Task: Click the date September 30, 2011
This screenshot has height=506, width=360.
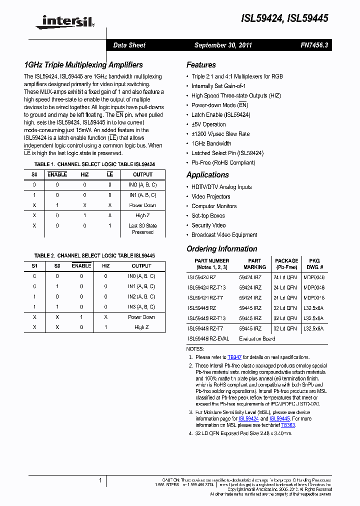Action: click(223, 45)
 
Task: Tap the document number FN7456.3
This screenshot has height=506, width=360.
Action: click(314, 45)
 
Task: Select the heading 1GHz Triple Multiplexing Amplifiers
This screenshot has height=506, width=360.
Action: click(83, 65)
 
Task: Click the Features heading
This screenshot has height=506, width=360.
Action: click(201, 65)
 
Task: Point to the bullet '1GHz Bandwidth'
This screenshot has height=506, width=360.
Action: click(211, 143)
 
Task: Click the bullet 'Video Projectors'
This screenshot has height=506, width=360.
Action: click(210, 196)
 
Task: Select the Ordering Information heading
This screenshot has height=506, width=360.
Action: click(221, 249)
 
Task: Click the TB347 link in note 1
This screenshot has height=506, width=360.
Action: click(234, 357)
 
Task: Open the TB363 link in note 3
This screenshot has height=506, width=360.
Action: click(288, 425)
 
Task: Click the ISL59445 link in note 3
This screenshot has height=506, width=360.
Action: click(279, 418)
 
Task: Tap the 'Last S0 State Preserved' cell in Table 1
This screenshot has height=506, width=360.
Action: click(142, 229)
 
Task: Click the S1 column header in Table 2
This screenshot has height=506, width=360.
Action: click(34, 266)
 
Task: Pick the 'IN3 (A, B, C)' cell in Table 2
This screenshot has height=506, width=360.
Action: click(141, 306)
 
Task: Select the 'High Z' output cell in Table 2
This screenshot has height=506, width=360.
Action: click(141, 327)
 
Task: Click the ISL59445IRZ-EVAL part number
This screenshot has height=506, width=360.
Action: click(208, 338)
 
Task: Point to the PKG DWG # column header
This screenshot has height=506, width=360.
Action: click(313, 264)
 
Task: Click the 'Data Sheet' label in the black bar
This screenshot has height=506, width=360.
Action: click(129, 45)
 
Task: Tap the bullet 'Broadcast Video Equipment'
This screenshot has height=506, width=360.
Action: click(224, 234)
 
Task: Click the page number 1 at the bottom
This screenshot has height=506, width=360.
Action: click(100, 480)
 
